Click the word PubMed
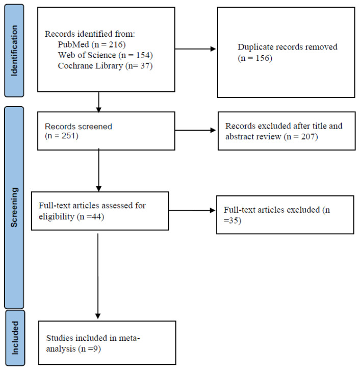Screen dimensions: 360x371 pos(73,44)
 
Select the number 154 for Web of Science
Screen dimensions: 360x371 pos(143,55)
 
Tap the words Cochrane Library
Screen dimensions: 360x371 pos(90,66)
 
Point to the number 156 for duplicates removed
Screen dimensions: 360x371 pos(262,58)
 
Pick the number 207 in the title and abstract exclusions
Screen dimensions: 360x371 pos(308,137)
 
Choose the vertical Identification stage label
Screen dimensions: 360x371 pos(14,51)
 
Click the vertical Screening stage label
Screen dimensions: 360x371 pos(14,207)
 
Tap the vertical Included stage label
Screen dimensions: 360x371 pos(15,338)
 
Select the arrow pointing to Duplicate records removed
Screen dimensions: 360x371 pos(195,49)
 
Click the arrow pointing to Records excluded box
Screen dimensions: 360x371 pos(195,130)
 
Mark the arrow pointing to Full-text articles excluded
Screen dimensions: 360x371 pos(192,210)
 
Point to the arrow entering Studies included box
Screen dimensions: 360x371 pos(98,277)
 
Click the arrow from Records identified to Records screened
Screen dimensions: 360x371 pos(99,102)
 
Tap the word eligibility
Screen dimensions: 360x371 pos(57,217)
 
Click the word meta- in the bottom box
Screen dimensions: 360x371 pos(130,338)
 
